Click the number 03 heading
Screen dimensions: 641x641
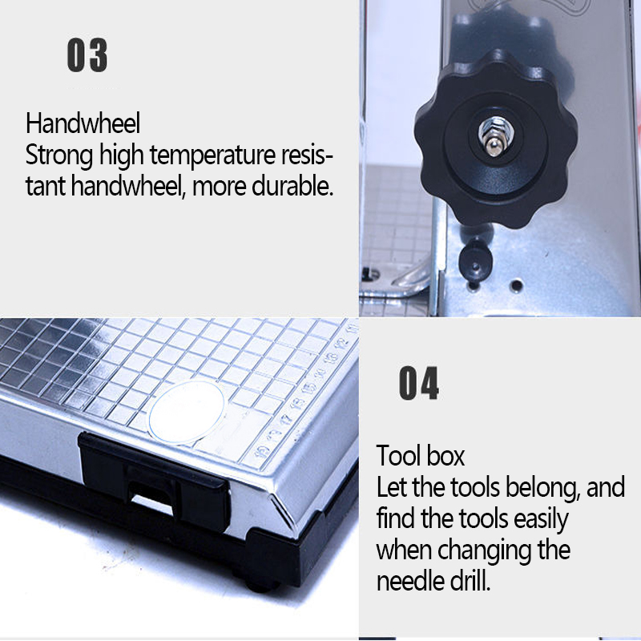(87, 57)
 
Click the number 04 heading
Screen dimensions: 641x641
(419, 384)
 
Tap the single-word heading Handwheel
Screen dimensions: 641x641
(83, 124)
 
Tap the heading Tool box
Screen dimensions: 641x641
(421, 457)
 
